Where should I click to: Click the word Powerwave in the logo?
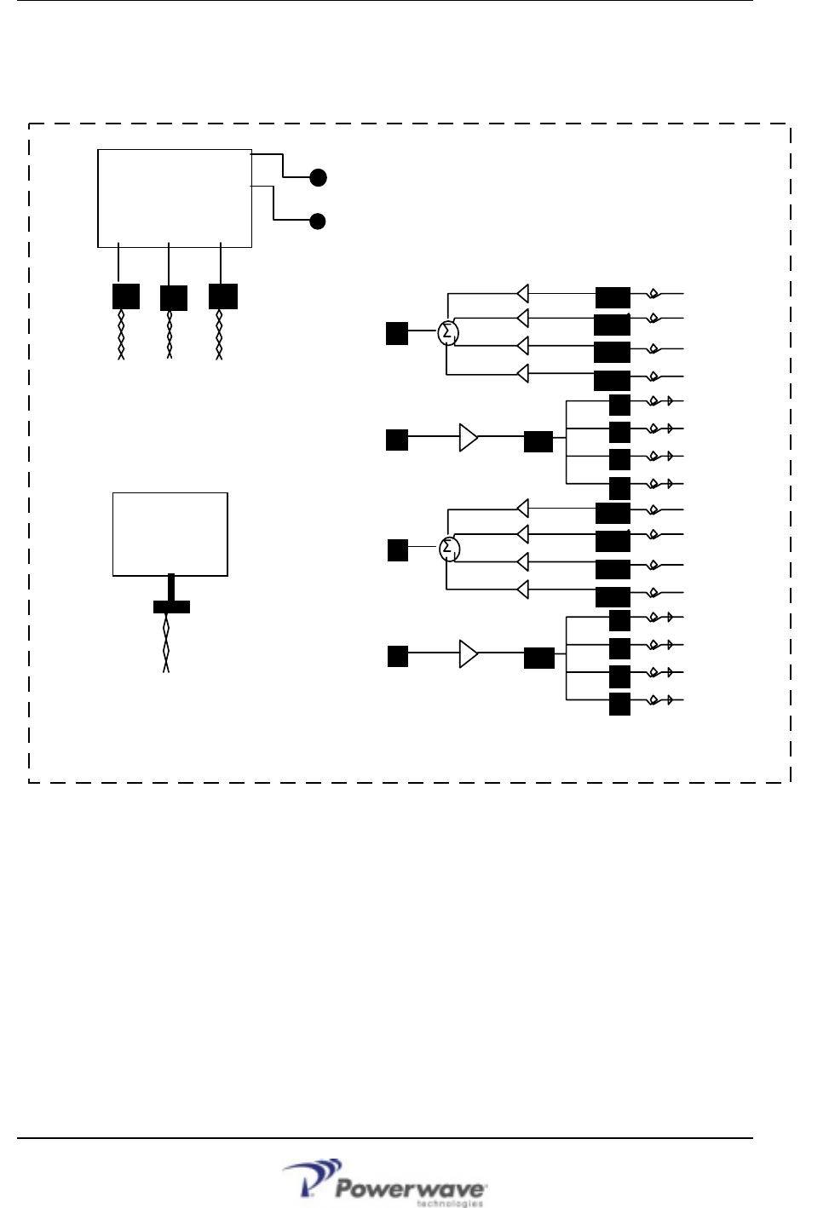[411, 1188]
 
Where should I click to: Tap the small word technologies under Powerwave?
[449, 1204]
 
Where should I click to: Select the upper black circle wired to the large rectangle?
[318, 177]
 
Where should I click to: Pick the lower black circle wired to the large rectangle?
[318, 221]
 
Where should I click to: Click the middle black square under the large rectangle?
[174, 297]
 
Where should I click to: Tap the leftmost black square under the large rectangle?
[126, 296]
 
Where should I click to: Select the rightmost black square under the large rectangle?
[223, 296]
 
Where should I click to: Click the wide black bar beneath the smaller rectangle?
[171, 607]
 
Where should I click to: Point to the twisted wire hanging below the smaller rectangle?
[166, 643]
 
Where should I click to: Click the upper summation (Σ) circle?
[448, 332]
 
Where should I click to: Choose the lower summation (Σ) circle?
[449, 549]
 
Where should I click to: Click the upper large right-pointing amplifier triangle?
[469, 438]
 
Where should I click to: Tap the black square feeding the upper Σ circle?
[397, 333]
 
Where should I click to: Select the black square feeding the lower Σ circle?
[398, 550]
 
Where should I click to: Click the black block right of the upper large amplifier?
[538, 441]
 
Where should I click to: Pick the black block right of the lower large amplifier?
[538, 658]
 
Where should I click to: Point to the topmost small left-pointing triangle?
[523, 293]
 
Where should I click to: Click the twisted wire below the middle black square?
[170, 334]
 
